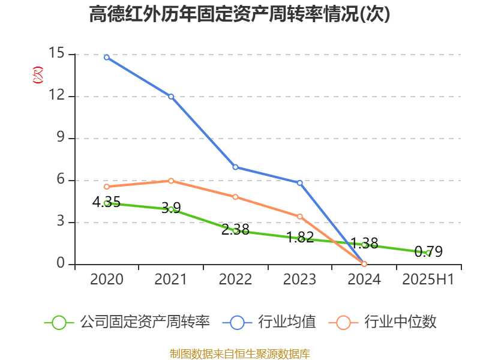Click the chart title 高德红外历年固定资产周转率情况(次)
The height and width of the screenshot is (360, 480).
pos(240,14)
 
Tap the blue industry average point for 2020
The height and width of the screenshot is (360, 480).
pos(106,57)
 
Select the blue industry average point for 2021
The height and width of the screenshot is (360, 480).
pos(171,96)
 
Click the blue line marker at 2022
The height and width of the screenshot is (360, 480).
pos(235,167)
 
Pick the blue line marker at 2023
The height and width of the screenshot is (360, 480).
pos(299,182)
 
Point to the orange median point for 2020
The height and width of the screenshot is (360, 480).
pos(106,187)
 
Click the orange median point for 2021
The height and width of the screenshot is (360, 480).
pos(171,181)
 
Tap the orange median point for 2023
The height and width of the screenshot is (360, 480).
pos(299,216)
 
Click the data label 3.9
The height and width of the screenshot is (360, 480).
pos(171,208)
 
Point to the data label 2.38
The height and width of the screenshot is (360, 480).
pos(235,229)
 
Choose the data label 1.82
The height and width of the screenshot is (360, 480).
pos(300,237)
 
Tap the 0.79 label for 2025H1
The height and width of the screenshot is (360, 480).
pos(428,251)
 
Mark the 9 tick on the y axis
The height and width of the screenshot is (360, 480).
pos(59,138)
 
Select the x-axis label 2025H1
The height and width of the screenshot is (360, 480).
pos(428,280)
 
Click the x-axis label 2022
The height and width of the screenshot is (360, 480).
pos(235,280)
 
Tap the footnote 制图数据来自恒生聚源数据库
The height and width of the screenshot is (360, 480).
pos(240,353)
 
